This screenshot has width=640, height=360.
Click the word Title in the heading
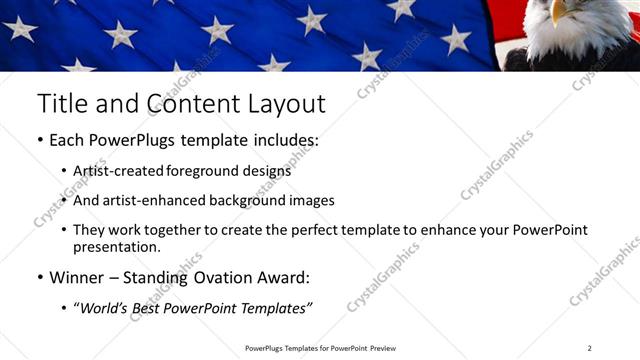[x=61, y=103]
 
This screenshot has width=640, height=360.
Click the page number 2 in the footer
[x=589, y=348]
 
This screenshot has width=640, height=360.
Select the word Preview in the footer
[x=376, y=348]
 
